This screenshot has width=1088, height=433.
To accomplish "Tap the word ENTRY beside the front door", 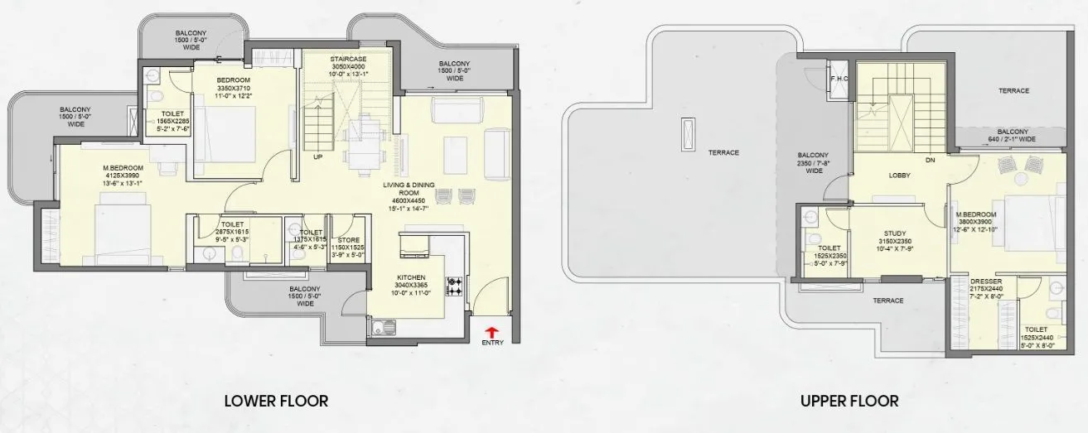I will (491, 343).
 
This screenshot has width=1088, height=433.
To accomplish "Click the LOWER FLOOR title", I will (276, 402).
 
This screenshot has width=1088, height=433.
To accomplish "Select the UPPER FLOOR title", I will (849, 402).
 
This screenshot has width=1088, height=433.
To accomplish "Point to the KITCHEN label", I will (410, 277).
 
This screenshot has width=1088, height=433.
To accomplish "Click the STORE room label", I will (348, 241).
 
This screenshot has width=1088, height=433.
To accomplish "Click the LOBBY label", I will (900, 176).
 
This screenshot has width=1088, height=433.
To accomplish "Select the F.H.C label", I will (838, 79).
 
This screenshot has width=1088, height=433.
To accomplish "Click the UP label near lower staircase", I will (318, 156).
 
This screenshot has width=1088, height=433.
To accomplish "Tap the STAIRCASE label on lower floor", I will (348, 59).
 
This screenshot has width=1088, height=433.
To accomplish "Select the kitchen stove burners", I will (454, 286).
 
